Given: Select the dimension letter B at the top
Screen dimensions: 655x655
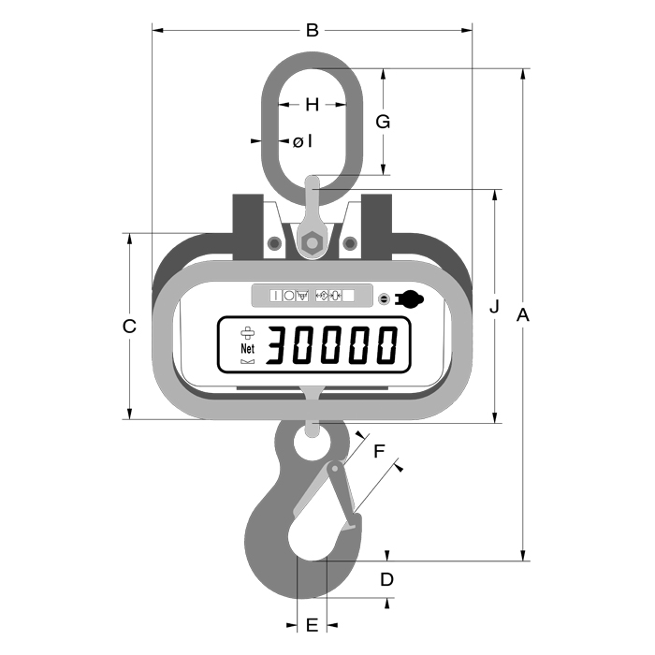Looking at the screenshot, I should (313, 30).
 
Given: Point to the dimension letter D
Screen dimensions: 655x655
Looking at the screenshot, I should (386, 579).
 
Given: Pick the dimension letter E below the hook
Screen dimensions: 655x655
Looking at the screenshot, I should (312, 624).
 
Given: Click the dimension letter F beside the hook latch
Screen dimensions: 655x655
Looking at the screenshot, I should (379, 451).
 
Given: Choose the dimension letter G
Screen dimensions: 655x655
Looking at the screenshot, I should (382, 121).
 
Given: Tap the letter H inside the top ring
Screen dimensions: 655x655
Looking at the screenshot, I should (313, 104).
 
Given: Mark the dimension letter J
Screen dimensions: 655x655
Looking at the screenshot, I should (495, 306).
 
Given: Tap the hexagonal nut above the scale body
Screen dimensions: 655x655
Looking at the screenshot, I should (312, 243).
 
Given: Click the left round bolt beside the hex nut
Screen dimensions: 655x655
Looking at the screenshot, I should (273, 244).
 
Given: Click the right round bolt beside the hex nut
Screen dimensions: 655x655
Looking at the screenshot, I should (350, 244).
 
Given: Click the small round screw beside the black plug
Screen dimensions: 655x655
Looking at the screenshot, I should (384, 298).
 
